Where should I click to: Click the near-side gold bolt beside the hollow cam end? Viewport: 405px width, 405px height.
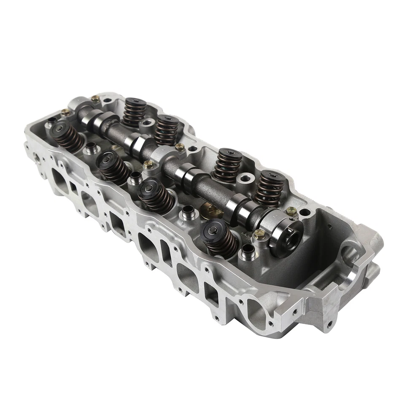259,235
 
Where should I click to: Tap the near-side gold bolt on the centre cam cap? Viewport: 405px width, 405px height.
148,165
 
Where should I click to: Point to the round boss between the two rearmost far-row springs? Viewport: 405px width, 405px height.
147,123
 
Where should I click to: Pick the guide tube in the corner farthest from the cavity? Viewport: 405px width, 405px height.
51,122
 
